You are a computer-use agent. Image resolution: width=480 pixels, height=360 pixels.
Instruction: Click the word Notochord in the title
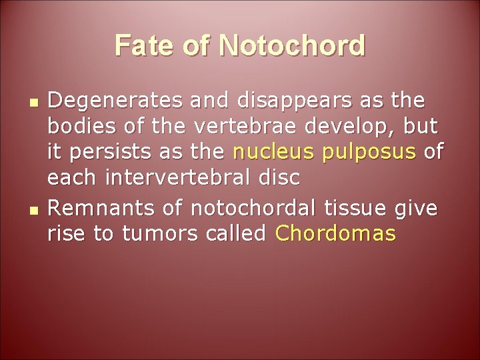tap(291, 46)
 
